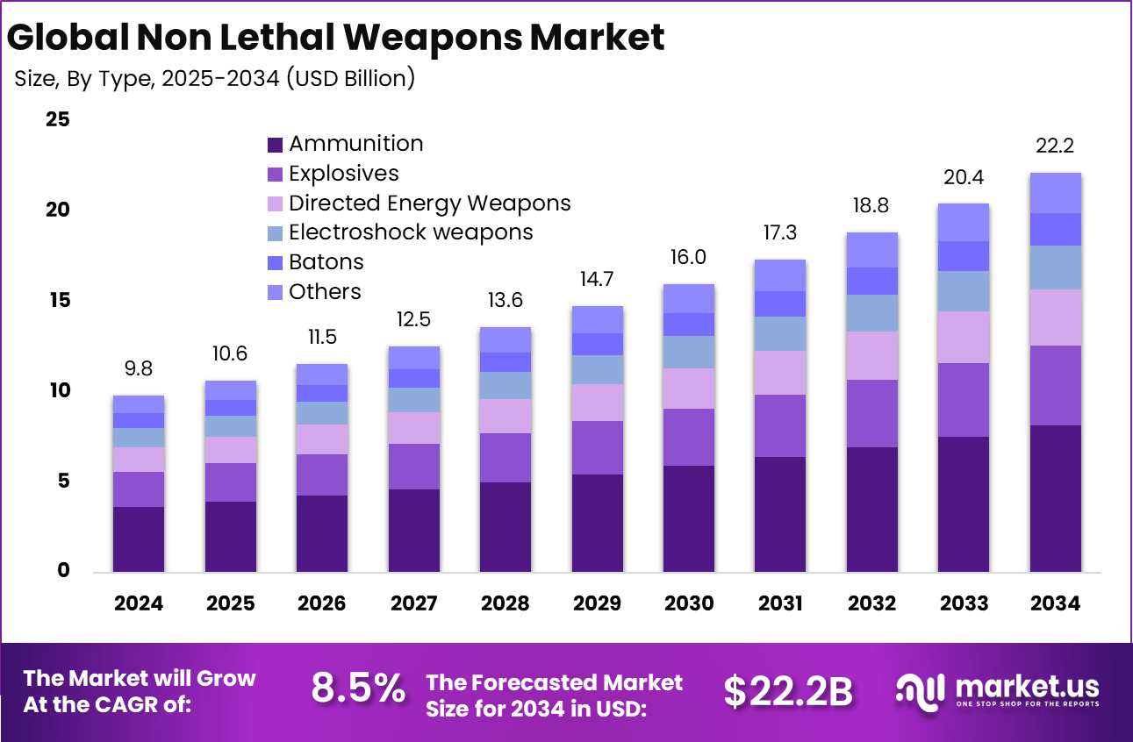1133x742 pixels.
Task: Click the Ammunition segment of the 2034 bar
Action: click(x=1054, y=498)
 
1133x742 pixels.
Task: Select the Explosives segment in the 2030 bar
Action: click(x=688, y=437)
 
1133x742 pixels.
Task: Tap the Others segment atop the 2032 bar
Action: click(x=871, y=250)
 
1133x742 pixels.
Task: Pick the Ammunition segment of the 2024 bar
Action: click(x=139, y=539)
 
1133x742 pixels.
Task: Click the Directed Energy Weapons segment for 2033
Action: click(x=963, y=337)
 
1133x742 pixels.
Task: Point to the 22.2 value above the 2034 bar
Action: click(x=1055, y=146)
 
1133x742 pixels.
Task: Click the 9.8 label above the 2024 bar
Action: click(x=139, y=368)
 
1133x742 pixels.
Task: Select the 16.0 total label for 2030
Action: click(x=688, y=257)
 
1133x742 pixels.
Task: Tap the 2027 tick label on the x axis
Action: click(x=413, y=603)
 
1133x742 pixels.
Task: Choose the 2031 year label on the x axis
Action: click(x=780, y=603)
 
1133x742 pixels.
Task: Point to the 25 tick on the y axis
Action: click(x=57, y=119)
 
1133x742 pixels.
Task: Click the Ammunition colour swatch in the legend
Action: click(x=275, y=145)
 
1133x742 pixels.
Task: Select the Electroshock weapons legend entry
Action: click(x=411, y=232)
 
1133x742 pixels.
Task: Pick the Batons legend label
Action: click(x=326, y=262)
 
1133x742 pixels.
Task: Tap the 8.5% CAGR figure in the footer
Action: click(x=358, y=689)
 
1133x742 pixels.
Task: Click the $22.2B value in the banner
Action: click(x=787, y=691)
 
